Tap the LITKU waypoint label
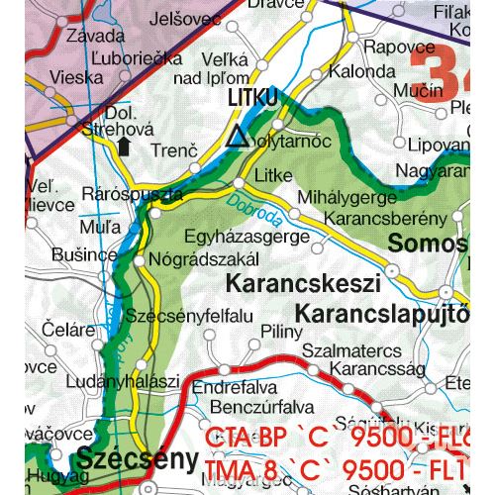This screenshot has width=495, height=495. point(253,99)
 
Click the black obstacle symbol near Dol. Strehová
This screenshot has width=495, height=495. point(123,147)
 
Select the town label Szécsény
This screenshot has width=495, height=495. point(123,460)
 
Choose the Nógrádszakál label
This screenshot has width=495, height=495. point(209,259)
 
